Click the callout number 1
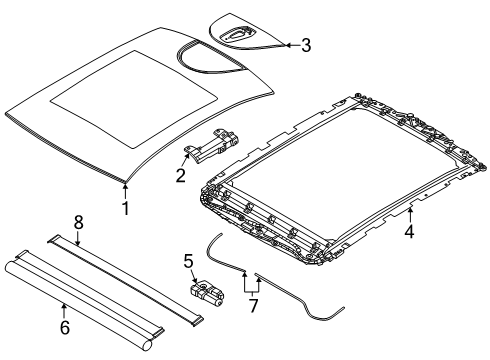pos(125,208)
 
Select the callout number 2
pos(180,175)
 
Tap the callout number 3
pos(306,45)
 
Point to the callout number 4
pos(409,231)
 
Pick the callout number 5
pos(188,261)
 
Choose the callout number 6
pos(65,327)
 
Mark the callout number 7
pos(253,306)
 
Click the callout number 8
pos(78,222)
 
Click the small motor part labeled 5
pos(206,292)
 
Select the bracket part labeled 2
pos(213,146)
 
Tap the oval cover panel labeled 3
pos(247,32)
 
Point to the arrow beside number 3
pos(292,45)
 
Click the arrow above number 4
pos(410,214)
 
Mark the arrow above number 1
pos(125,191)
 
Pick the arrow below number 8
pos(77,238)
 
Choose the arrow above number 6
pos(64,311)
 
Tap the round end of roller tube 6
pos(146,345)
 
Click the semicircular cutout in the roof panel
pos(209,56)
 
